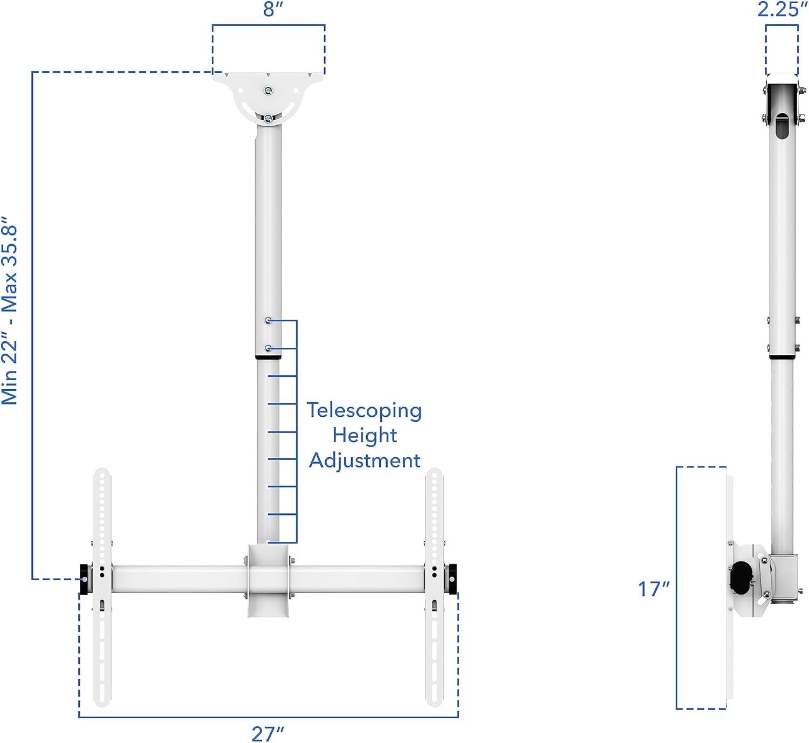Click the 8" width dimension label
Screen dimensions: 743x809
coord(273,9)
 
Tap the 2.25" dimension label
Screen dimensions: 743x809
coord(782,9)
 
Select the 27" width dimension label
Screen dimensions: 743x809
coord(268,733)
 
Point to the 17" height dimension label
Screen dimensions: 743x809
coord(654,589)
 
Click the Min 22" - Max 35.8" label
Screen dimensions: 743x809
coord(10,311)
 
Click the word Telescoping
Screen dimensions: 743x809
coord(364,410)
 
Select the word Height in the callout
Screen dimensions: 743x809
coord(365,435)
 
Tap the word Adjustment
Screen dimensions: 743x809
coord(365,460)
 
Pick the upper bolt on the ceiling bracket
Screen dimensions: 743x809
coord(269,91)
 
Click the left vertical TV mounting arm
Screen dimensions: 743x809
coord(102,588)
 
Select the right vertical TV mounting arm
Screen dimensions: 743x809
coord(434,588)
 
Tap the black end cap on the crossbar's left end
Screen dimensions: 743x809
coord(85,579)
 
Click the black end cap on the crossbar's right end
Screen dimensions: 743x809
coord(451,579)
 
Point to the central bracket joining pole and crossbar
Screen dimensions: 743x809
coord(268,580)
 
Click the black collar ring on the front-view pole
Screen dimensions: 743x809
coord(268,357)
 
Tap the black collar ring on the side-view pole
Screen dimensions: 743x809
coord(781,357)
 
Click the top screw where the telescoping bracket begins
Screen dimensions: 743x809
coord(269,321)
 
